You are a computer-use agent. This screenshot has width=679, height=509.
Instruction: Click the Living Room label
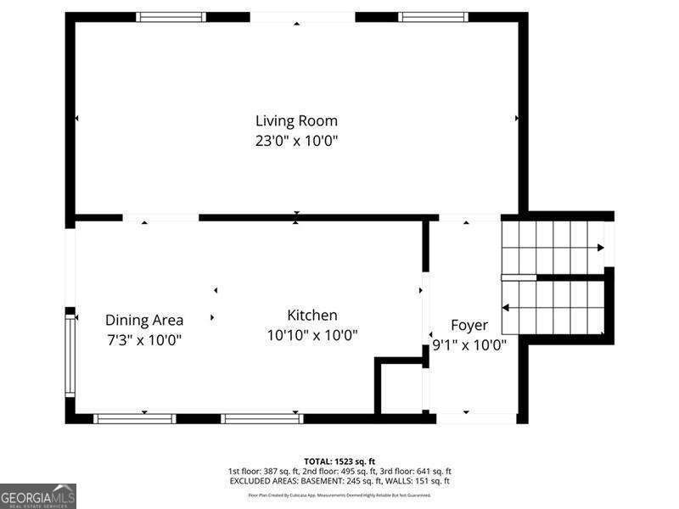pos(296,120)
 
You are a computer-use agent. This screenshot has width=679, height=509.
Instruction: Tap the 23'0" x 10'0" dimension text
pos(296,141)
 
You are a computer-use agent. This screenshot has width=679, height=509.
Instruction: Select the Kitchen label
pos(311,315)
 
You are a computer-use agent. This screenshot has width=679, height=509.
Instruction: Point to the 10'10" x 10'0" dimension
pos(311,335)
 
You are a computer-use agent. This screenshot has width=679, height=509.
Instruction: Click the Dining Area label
pos(144,320)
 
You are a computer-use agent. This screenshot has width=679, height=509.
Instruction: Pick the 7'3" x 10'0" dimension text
pos(144,340)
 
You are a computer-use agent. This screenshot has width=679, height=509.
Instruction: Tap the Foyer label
pos(469,325)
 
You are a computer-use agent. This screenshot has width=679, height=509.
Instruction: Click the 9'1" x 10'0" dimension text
pos(469,345)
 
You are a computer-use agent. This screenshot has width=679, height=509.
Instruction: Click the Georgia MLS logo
pos(38,495)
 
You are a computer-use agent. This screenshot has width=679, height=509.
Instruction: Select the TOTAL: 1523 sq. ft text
pos(339,461)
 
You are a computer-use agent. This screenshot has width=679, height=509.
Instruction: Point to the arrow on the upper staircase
pos(600,248)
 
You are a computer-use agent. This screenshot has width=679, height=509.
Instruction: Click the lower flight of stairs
pos(553,308)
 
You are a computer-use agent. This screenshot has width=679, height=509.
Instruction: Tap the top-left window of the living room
pos(171,16)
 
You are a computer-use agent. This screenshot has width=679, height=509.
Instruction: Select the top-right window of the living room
pos(433,16)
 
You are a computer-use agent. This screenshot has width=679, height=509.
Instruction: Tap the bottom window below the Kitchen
pos(262,418)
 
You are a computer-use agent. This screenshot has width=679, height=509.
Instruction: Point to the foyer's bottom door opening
pos(476,418)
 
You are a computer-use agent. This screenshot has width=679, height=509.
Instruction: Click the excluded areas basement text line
pos(339,481)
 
